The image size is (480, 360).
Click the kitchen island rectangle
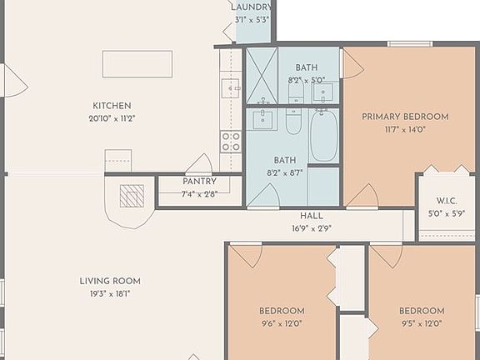[137, 63]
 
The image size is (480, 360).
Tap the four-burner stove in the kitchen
[231, 142]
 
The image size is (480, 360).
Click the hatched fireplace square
[132, 196]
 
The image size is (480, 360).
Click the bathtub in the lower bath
[324, 136]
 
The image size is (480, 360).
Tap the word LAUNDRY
[251, 7]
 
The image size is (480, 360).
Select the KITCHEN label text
[112, 106]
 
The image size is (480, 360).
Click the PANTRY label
[198, 182]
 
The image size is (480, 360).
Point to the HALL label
[312, 216]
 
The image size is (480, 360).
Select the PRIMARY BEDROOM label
[405, 117]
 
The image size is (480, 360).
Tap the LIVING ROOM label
[110, 281]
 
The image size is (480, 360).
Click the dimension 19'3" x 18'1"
[110, 293]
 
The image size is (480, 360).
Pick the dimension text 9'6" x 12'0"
[281, 323]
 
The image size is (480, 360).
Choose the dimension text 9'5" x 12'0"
[421, 323]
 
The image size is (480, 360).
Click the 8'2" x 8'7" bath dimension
[286, 172]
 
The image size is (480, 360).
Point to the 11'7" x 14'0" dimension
[405, 130]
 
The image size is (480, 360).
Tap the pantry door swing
[199, 164]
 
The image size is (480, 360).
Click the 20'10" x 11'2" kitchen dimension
[112, 118]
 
